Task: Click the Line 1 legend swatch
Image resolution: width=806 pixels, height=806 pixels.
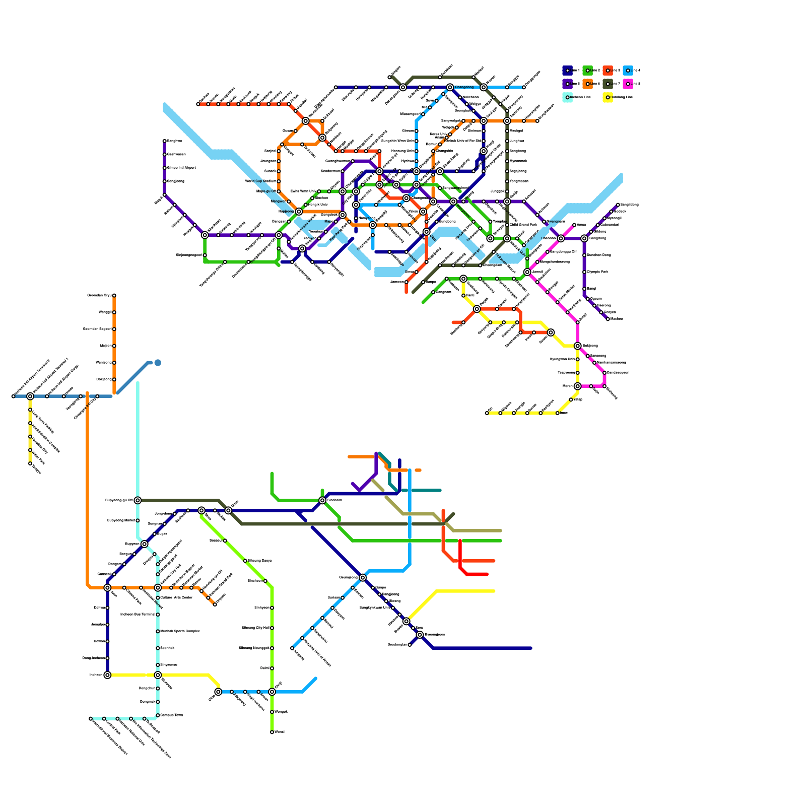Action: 567,71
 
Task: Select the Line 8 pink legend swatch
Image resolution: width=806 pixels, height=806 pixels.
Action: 628,84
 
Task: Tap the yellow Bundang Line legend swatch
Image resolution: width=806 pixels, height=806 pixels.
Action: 608,97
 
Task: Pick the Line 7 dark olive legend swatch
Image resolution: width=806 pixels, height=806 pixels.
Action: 608,84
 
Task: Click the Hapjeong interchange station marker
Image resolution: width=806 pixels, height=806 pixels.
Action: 299,212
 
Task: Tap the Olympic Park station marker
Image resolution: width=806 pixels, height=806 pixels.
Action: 584,272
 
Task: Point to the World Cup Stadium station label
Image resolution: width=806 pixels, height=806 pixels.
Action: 260,181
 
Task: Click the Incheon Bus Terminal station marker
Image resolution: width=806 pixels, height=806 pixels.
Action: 158,615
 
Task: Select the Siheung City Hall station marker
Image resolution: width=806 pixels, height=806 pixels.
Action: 272,628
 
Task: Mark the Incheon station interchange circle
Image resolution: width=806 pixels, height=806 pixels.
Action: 107,675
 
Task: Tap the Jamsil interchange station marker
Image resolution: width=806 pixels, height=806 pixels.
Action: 527,272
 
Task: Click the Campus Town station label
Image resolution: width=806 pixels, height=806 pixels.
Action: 171,715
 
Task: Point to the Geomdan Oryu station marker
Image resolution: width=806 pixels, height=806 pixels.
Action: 114,296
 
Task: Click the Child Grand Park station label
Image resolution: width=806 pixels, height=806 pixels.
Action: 523,225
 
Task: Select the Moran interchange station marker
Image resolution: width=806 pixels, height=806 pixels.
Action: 577,386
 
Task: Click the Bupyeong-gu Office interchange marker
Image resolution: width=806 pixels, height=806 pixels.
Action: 138,500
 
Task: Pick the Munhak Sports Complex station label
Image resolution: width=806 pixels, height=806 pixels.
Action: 180,631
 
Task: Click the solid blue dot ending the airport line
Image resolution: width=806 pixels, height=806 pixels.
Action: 158,363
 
